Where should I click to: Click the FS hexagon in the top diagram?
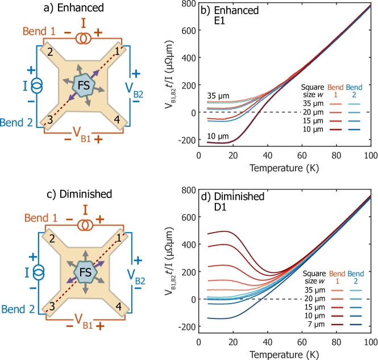(x=84, y=85)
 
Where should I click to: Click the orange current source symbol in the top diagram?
(x=84, y=39)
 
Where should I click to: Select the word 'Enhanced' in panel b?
(x=239, y=10)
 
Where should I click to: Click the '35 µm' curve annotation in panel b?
(x=218, y=96)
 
